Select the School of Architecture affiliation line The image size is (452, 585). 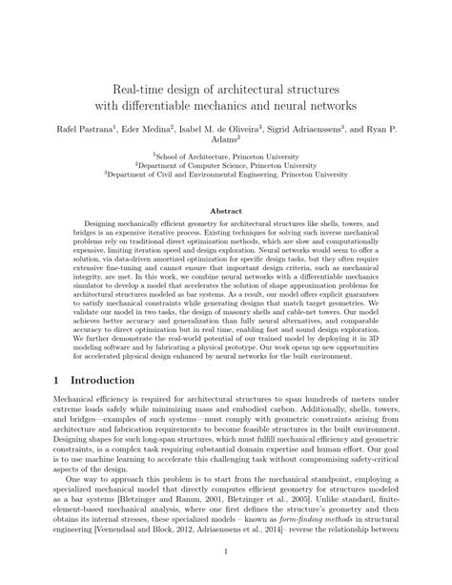226,153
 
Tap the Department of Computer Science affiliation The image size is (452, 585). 226,164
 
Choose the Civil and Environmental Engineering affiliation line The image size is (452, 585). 226,176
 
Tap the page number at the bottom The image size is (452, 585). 225,552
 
